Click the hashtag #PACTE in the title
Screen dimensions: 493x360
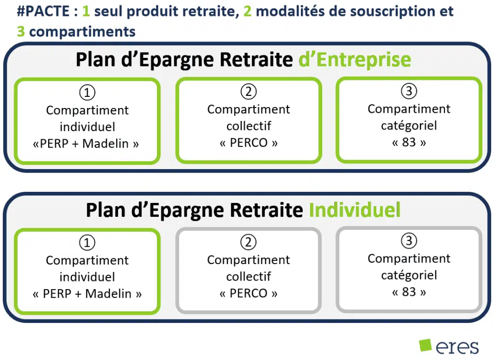click(43, 12)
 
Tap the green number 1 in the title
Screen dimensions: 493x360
click(86, 12)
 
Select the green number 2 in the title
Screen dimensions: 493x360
click(247, 12)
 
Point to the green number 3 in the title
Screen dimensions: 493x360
click(21, 31)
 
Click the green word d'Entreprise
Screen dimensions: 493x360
click(355, 59)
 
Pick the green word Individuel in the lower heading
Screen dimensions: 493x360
click(355, 210)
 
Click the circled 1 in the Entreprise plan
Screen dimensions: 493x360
click(87, 93)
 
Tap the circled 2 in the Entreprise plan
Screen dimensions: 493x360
click(248, 92)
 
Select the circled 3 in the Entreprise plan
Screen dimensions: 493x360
click(409, 91)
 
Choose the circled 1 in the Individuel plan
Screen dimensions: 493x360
click(87, 242)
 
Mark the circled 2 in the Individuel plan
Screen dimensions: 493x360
click(248, 242)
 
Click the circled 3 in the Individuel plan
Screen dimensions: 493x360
click(409, 241)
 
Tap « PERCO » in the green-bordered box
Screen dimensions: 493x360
click(248, 143)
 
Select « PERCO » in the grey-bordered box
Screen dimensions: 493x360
click(248, 293)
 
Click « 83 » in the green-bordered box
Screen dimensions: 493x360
click(409, 142)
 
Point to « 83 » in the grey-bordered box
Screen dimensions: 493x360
click(409, 292)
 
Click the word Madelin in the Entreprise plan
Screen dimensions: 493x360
click(105, 144)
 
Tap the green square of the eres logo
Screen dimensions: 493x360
click(426, 345)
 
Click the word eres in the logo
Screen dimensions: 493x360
click(457, 347)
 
